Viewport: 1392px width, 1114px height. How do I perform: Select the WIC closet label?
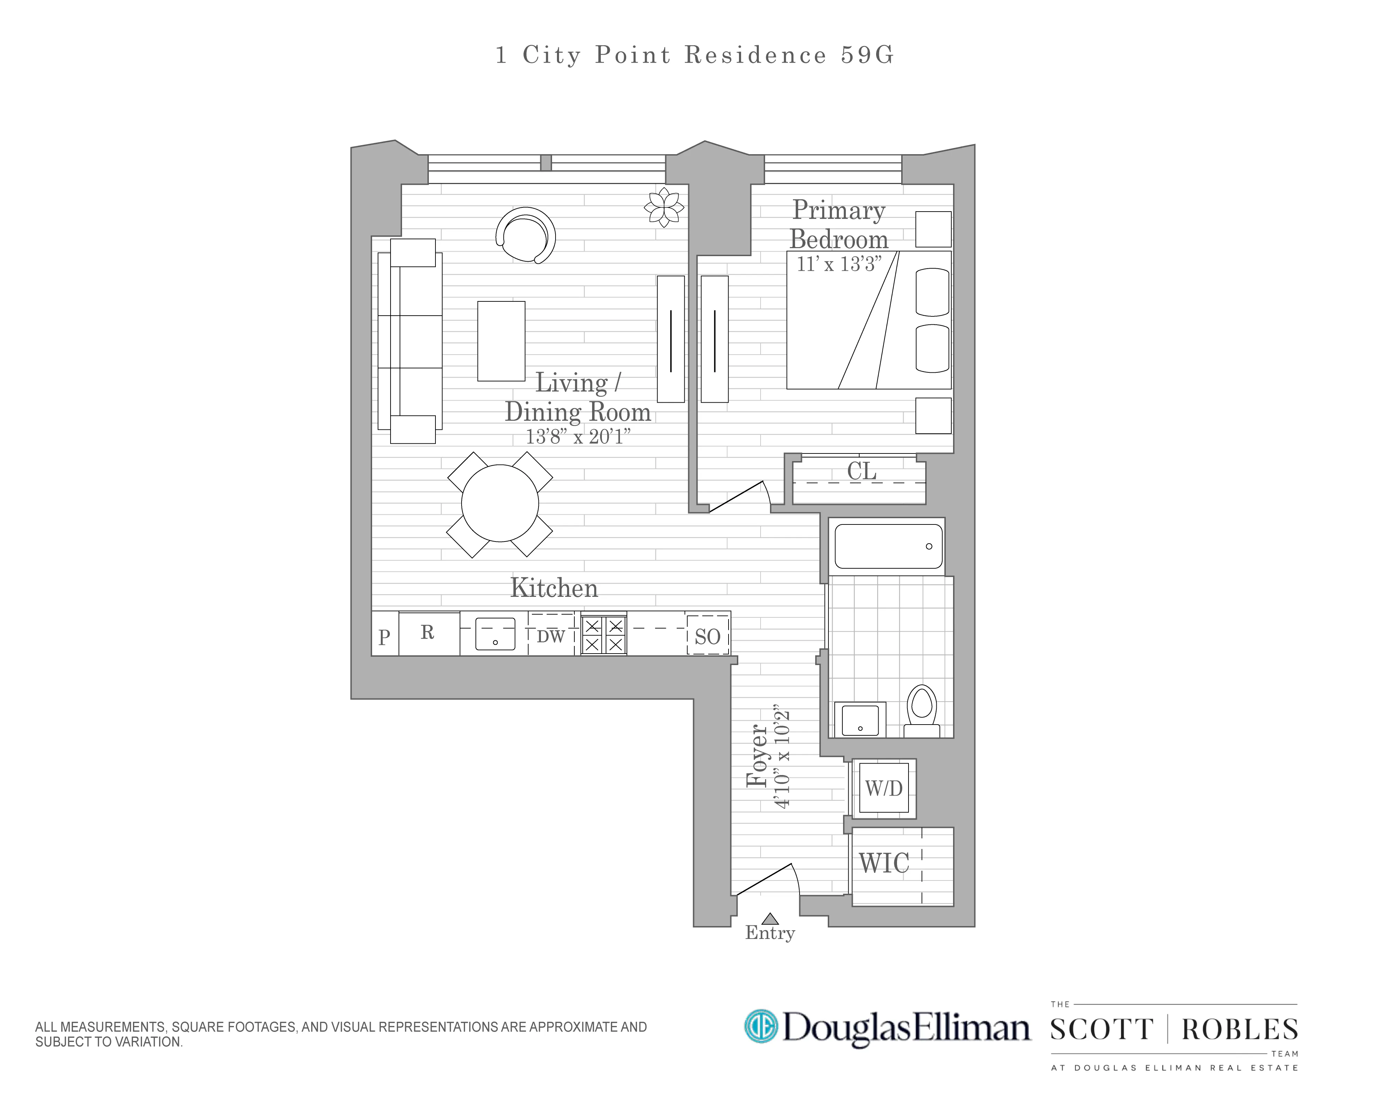click(x=884, y=863)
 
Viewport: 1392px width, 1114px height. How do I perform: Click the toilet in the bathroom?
click(x=922, y=710)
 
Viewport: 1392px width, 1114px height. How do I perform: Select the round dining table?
click(x=500, y=504)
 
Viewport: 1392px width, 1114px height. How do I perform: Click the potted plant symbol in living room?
click(x=664, y=206)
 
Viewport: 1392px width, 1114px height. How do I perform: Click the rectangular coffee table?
click(x=501, y=341)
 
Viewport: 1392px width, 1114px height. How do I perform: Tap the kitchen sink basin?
click(x=495, y=634)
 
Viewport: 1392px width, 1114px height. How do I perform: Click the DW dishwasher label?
click(x=551, y=637)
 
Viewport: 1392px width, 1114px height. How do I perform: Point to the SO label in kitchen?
click(x=708, y=637)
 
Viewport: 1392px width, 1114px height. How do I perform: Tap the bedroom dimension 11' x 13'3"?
click(x=839, y=264)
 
